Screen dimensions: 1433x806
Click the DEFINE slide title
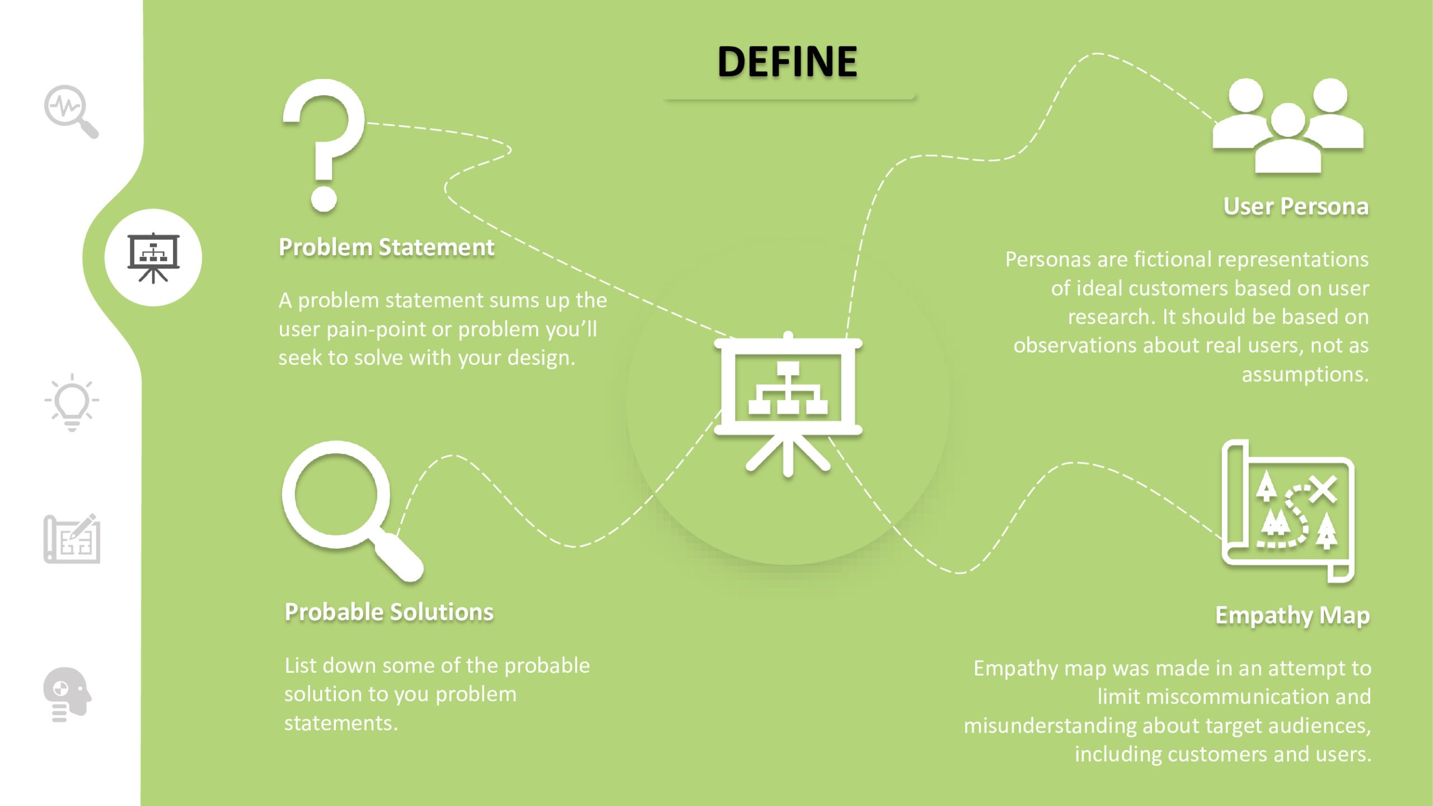pos(787,62)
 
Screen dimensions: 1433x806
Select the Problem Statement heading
pos(386,247)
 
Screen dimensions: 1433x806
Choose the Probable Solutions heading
pos(389,612)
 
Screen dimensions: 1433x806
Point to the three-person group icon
pos(1288,126)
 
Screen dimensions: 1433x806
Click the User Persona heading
pos(1296,207)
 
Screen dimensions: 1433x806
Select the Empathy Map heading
pos(1292,615)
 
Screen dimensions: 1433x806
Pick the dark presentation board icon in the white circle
pos(153,257)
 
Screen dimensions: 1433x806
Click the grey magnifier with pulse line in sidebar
pos(71,111)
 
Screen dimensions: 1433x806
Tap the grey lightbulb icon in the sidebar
pos(72,402)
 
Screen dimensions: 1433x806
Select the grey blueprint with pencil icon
pos(72,538)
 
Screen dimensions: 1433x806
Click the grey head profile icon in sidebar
pos(67,694)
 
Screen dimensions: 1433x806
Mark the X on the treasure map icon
pos(1323,489)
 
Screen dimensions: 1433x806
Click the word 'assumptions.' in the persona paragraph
pos(1305,374)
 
